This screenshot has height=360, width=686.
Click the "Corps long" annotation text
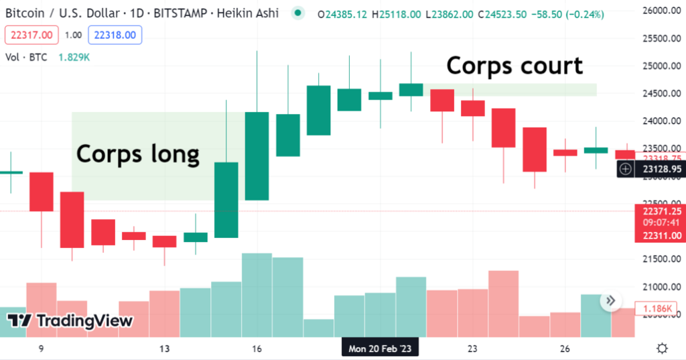[x=138, y=154]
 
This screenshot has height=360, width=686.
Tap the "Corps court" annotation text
[x=514, y=66]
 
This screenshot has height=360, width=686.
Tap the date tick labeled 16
[x=257, y=349]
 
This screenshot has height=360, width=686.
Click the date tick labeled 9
[x=42, y=349]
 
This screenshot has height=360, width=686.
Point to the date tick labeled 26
[x=565, y=349]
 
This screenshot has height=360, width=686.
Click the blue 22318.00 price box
[x=117, y=35]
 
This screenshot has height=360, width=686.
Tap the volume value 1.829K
[x=74, y=58]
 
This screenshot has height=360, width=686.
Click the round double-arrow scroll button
[x=610, y=302]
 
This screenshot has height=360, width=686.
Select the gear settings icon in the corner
[x=662, y=348]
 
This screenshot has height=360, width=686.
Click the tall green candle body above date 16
[x=257, y=156]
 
